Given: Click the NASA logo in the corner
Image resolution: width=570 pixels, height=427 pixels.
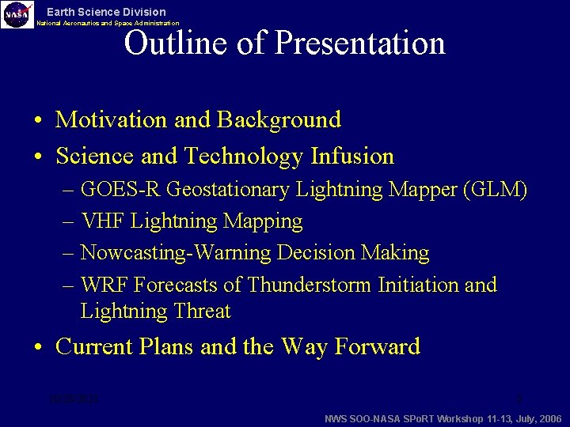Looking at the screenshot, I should click(x=17, y=13).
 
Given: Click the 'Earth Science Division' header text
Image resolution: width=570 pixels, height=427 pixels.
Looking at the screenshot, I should click(x=106, y=12).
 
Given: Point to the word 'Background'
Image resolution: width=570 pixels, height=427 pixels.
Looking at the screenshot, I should click(x=279, y=120).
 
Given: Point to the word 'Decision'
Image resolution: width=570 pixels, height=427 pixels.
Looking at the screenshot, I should click(x=317, y=254).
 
